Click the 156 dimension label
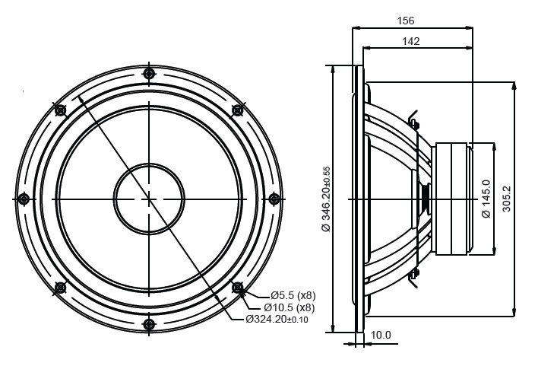point(406,21)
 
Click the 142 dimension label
point(410,41)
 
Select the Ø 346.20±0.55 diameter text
point(326,199)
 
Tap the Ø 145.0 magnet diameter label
point(486,199)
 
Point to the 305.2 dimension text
point(506,199)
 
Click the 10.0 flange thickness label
point(381,335)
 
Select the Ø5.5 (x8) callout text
point(293,295)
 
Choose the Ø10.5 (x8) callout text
point(290,307)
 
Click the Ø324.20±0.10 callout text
point(277,320)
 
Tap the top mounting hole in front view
point(149,74)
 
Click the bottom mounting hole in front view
point(149,324)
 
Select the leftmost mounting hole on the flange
point(24,199)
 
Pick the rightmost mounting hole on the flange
point(274,199)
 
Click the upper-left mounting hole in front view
point(60,110)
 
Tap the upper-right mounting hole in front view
point(237,110)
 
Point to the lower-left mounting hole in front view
point(60,288)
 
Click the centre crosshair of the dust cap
point(149,199)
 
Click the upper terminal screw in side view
point(414,123)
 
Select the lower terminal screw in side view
point(414,274)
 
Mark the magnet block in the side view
point(452,199)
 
